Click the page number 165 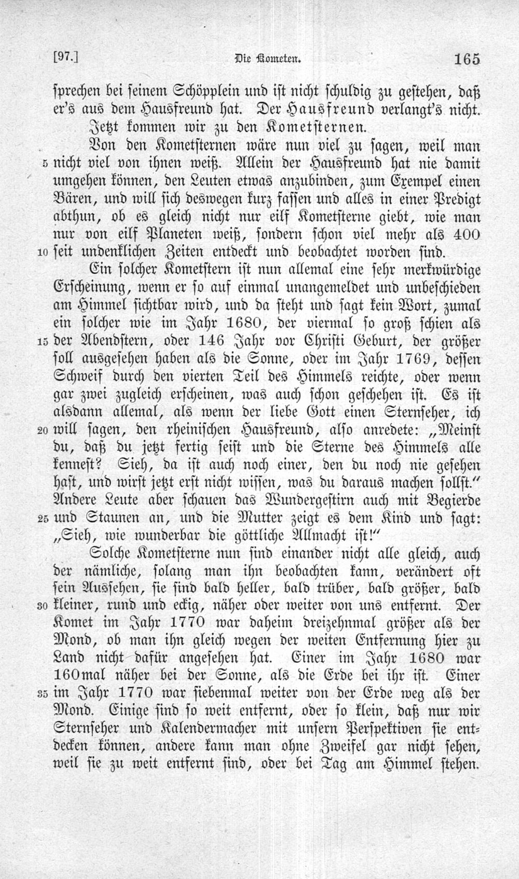coord(467,59)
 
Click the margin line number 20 coord(43,431)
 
